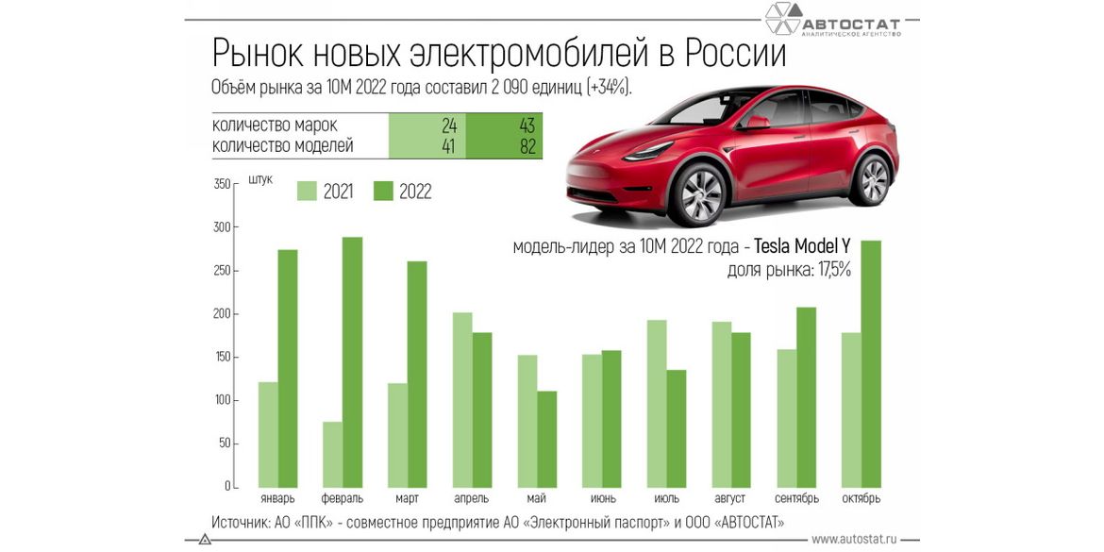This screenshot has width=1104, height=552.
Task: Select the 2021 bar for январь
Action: point(268,434)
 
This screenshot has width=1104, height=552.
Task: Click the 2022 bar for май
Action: point(547,439)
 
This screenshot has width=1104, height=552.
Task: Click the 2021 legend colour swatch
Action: point(307,191)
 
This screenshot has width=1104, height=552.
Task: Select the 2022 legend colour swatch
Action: point(383,191)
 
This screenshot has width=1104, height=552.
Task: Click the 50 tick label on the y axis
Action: point(224,443)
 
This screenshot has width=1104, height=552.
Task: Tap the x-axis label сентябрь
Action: point(796,498)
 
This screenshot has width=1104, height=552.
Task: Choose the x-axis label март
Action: point(408,498)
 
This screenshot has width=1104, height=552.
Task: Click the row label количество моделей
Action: point(283,146)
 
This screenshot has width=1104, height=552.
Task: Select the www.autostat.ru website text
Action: point(853,539)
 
